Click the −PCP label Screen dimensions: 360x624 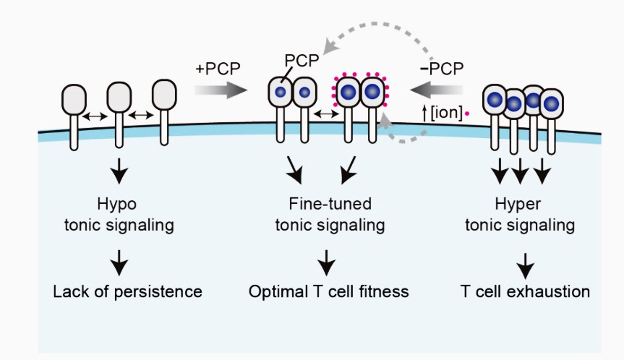[x=443, y=69]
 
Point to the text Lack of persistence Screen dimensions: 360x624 [x=127, y=292]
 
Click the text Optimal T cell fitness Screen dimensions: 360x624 [x=329, y=292]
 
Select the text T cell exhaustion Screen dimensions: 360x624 [x=526, y=292]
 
